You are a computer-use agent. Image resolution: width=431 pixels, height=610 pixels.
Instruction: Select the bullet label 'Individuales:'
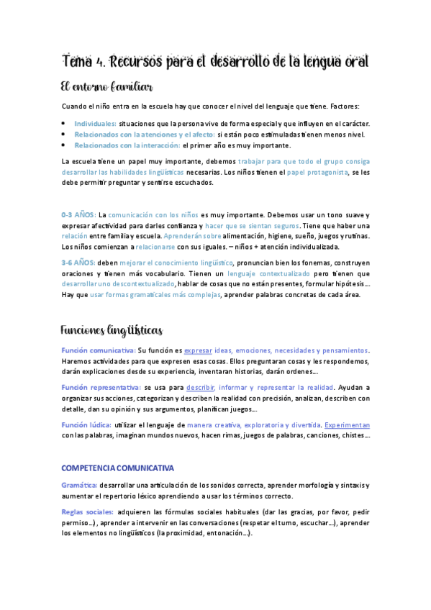96,123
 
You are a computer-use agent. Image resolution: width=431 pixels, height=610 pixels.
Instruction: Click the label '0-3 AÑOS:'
78,214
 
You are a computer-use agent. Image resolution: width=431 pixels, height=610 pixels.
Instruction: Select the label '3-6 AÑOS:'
78,263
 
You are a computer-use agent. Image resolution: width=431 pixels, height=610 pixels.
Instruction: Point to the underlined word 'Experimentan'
347,424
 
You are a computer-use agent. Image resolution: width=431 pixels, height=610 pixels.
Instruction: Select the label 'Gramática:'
79,486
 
